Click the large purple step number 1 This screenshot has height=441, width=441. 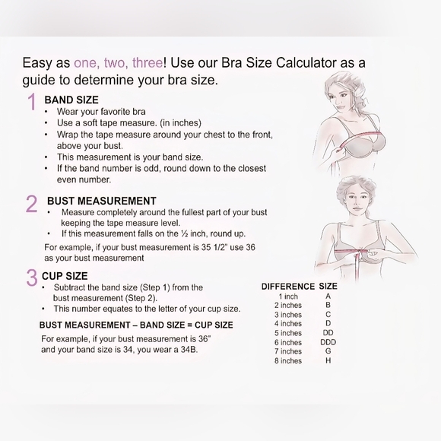pyautogui.click(x=33, y=102)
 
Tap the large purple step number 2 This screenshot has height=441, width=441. pyautogui.click(x=31, y=204)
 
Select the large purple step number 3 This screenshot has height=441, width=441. pyautogui.click(x=32, y=278)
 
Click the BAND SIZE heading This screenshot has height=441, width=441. pyautogui.click(x=71, y=100)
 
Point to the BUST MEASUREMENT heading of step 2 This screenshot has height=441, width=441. pyautogui.click(x=102, y=201)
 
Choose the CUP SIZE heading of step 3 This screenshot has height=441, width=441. pyautogui.click(x=65, y=276)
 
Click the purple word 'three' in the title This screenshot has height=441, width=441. pyautogui.click(x=148, y=62)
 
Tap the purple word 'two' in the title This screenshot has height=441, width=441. pyautogui.click(x=115, y=62)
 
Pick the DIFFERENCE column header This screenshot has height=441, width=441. pyautogui.click(x=288, y=287)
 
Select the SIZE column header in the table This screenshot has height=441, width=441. pyautogui.click(x=328, y=287)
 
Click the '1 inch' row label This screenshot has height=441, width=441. pyautogui.click(x=288, y=297)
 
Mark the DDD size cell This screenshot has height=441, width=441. pyautogui.click(x=328, y=342)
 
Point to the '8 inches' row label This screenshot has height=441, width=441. pyautogui.click(x=288, y=360)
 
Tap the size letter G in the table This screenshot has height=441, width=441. pyautogui.click(x=328, y=351)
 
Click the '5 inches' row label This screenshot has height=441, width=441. pyautogui.click(x=288, y=333)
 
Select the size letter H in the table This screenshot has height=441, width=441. pyautogui.click(x=328, y=360)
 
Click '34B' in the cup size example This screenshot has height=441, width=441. pyautogui.click(x=189, y=350)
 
